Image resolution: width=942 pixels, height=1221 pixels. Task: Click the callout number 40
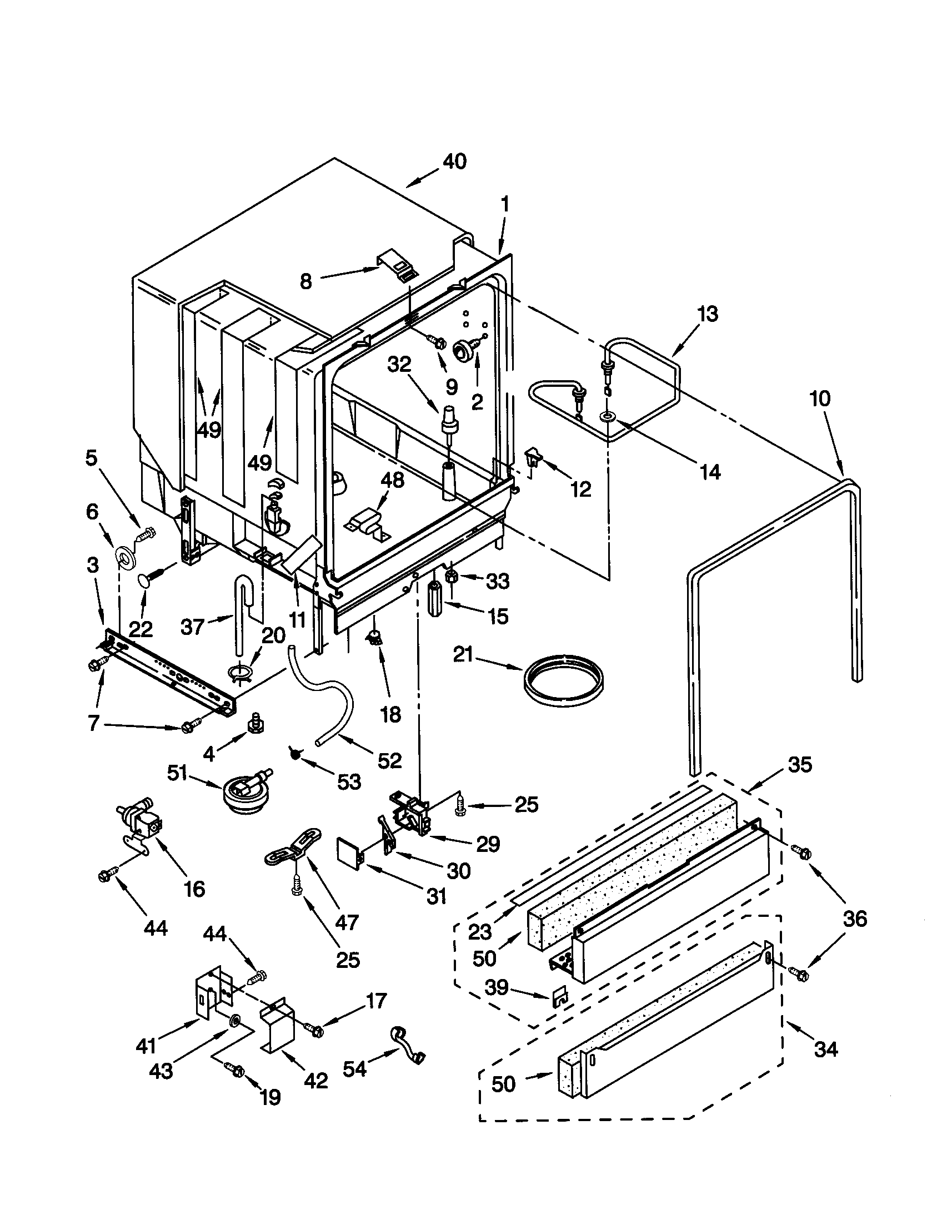454,162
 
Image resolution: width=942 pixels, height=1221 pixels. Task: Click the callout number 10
819,399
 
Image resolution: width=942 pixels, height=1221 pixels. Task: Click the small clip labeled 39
557,996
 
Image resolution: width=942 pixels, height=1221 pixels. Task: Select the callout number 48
392,480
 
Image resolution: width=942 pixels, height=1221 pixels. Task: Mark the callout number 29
487,844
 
